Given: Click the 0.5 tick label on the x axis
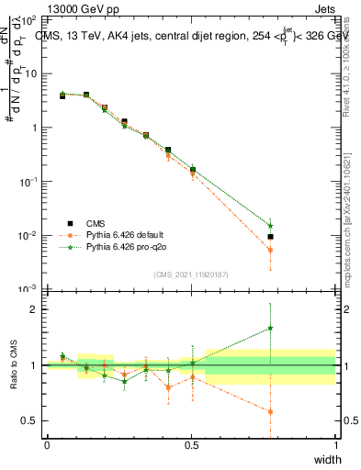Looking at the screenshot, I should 191,445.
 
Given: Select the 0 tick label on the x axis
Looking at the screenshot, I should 47,445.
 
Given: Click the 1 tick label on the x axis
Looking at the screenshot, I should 334,445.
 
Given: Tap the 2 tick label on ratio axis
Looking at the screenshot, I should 33,309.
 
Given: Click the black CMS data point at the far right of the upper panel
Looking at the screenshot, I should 270,237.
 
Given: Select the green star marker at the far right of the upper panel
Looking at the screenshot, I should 270,225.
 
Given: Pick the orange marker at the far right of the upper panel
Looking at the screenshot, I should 270,250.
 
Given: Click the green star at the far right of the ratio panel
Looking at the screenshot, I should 270,328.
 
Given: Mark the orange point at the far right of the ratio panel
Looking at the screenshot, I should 270,411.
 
